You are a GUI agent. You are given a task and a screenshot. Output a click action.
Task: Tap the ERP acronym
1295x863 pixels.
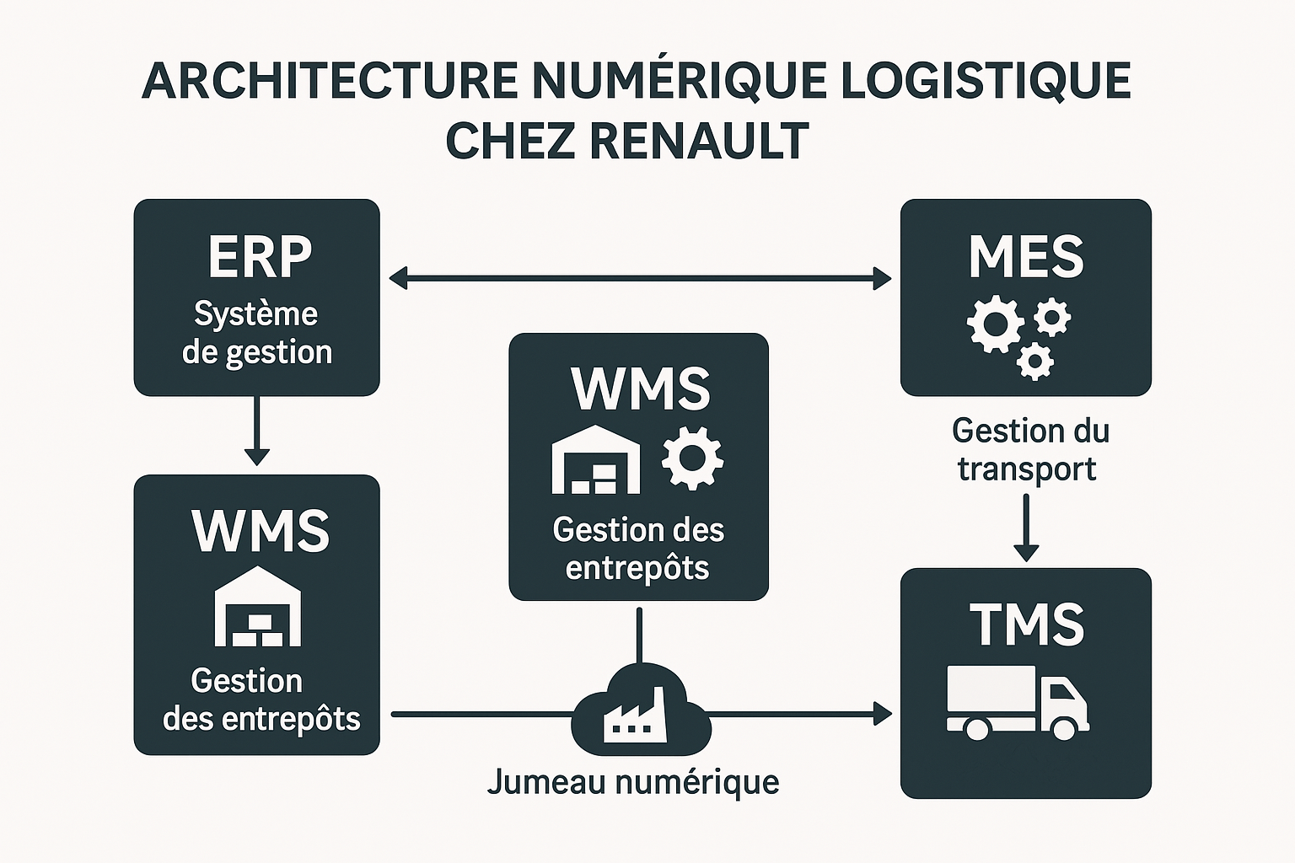coord(260,256)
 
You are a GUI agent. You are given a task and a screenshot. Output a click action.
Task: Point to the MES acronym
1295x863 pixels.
coord(1026,256)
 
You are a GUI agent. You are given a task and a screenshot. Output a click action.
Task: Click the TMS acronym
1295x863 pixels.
coord(1026,624)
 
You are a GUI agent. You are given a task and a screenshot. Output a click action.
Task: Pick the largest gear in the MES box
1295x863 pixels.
coord(994,324)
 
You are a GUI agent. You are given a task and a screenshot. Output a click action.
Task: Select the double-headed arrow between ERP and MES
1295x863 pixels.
coord(640,278)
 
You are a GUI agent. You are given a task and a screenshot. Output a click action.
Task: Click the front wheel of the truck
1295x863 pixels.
coord(1061,727)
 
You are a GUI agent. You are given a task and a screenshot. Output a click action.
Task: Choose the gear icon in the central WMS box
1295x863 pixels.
coord(692,458)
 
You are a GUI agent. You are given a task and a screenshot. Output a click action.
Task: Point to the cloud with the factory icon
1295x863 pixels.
coord(641,710)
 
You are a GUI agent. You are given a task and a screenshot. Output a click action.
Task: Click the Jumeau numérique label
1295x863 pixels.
coord(633,782)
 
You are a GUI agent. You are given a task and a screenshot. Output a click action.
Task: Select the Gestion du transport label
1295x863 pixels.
coord(1029,450)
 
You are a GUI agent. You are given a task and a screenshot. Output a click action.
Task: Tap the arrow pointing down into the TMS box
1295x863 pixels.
coord(1026,528)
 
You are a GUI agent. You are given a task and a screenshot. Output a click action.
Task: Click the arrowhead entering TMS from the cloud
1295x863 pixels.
coord(883,715)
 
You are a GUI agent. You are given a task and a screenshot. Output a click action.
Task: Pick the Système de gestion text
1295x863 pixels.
coord(256,333)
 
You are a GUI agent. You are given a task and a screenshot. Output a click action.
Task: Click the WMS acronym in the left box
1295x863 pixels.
coord(260,531)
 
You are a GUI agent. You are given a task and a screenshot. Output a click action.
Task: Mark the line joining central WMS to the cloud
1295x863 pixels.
coord(640,634)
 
